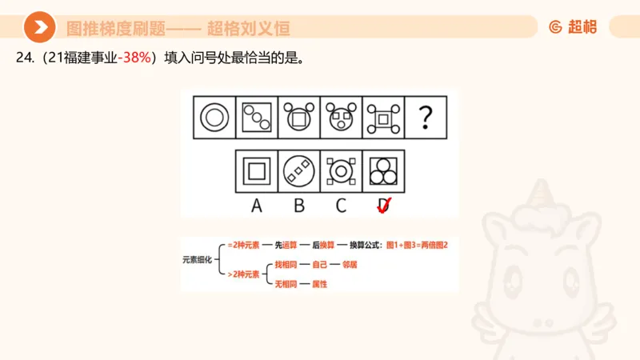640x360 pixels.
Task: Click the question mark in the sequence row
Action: click(426, 118)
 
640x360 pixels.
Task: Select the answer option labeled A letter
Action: click(257, 206)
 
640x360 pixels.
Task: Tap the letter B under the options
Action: click(299, 206)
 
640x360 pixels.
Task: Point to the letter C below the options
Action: click(341, 206)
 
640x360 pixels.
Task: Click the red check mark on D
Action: click(383, 206)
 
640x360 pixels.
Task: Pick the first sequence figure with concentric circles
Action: click(214, 118)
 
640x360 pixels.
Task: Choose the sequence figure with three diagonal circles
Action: click(257, 118)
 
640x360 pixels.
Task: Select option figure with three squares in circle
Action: click(299, 170)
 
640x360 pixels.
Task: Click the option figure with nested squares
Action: click(257, 170)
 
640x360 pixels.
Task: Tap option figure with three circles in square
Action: click(383, 170)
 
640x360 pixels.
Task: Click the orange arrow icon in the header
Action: click(39, 28)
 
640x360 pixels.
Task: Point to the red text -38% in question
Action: click(134, 58)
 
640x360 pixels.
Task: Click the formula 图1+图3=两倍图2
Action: click(417, 245)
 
